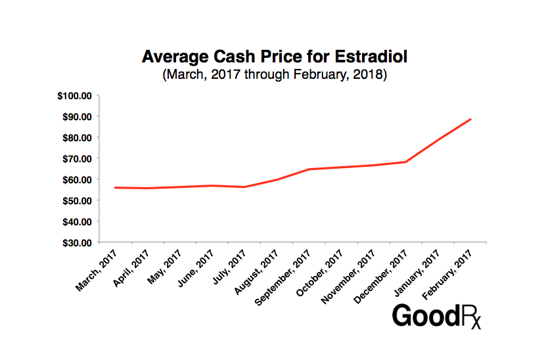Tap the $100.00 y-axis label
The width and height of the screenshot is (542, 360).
pyautogui.click(x=74, y=96)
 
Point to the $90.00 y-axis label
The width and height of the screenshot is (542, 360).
pyautogui.click(x=76, y=117)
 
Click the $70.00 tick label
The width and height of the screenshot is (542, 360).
pyautogui.click(x=76, y=158)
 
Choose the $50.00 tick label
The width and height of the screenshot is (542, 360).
pyautogui.click(x=76, y=200)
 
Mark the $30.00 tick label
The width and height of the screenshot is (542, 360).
pyautogui.click(x=76, y=242)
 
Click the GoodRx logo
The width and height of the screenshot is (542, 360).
pyautogui.click(x=436, y=316)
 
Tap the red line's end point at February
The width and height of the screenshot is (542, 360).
pyautogui.click(x=470, y=119)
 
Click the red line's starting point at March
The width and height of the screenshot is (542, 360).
pyautogui.click(x=116, y=187)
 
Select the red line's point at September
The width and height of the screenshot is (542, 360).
pyautogui.click(x=309, y=169)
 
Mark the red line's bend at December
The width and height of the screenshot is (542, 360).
pyautogui.click(x=406, y=162)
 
